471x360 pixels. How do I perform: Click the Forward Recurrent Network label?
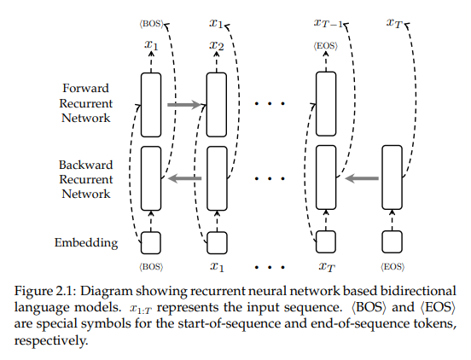click(x=85, y=102)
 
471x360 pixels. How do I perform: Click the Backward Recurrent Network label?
click(x=85, y=178)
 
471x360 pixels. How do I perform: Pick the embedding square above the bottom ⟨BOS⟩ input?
click(x=151, y=243)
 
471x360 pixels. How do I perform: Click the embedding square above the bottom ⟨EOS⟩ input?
click(x=391, y=243)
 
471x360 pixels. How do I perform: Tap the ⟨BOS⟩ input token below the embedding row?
click(x=151, y=267)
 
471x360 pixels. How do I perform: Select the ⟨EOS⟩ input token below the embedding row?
click(x=391, y=267)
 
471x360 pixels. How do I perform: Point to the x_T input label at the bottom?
click(x=326, y=267)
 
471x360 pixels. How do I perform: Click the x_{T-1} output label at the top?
click(x=328, y=24)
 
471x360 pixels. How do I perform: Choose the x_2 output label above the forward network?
click(x=217, y=44)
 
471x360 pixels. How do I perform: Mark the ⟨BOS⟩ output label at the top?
click(x=150, y=23)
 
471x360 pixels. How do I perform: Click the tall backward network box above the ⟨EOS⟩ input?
click(x=391, y=177)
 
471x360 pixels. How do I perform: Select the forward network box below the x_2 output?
click(x=217, y=104)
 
